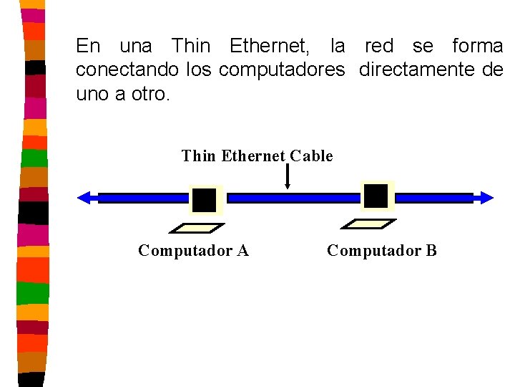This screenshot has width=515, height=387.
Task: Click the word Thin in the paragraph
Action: coord(191,47)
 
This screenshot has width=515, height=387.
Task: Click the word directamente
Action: coord(415,70)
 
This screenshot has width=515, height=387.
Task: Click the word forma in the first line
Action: coord(477,47)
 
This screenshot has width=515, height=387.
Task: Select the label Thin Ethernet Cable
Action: coord(257,156)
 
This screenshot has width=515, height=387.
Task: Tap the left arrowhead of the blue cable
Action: coord(84,198)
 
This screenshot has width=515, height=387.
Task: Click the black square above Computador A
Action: coord(205,200)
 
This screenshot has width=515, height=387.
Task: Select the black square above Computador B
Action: coord(376,196)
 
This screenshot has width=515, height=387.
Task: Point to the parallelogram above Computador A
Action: coord(196,229)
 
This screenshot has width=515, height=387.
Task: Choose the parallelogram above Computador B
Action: coord(367,224)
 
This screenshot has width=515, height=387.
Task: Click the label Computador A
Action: coord(193,251)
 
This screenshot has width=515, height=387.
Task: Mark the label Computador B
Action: coord(381,251)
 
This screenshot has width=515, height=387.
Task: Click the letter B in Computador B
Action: coord(431,251)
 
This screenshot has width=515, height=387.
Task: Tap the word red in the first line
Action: coord(379,47)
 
